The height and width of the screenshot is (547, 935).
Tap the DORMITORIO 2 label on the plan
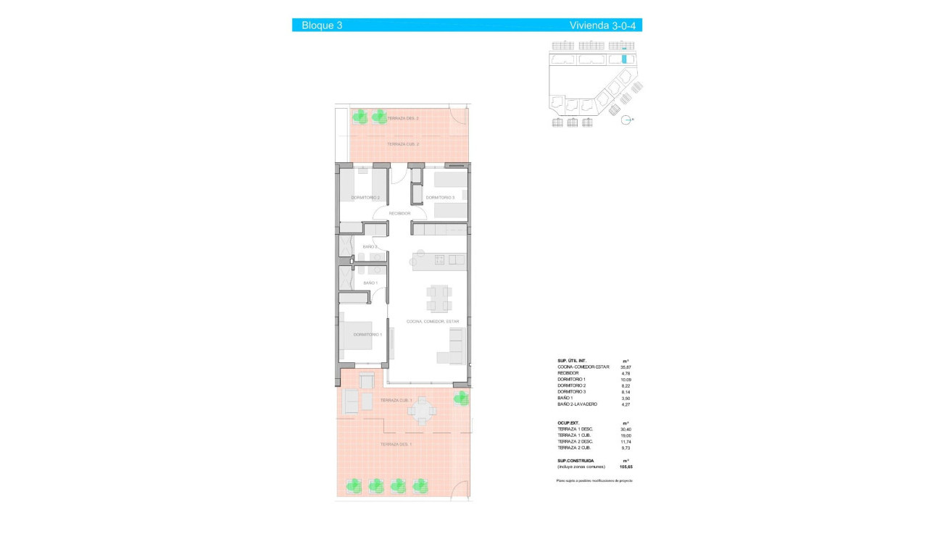[366, 197]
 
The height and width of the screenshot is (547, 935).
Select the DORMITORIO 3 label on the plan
[440, 197]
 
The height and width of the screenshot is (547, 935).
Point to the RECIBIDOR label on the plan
[400, 214]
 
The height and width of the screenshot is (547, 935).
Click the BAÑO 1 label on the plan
[370, 283]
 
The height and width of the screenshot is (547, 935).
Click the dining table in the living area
[438, 298]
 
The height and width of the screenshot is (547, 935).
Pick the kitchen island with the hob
[438, 259]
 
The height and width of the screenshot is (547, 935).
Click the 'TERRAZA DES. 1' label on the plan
[396, 444]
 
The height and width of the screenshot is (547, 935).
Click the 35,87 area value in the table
[626, 367]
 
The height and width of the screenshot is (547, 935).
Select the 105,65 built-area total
[626, 467]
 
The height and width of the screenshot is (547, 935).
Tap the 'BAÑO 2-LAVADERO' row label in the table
[577, 404]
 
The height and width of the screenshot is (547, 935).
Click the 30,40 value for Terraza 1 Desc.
[626, 429]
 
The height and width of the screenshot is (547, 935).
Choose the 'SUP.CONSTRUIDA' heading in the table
[575, 460]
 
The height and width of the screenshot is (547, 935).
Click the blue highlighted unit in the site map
[624, 59]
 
